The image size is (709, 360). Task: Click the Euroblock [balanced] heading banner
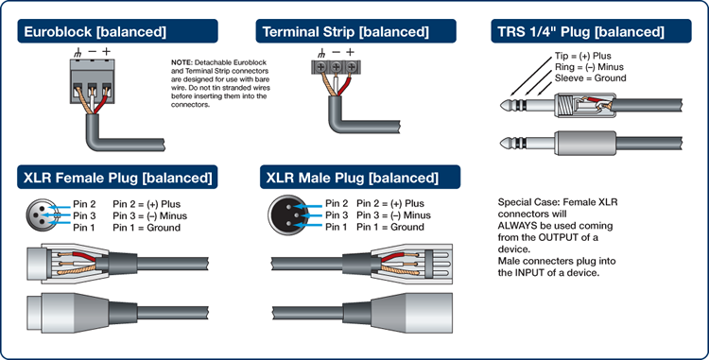click(x=117, y=31)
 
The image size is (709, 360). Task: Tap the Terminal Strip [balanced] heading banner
click(x=355, y=31)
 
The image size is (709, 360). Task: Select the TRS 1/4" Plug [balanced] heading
click(x=591, y=31)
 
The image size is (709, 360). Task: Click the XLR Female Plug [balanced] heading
click(x=117, y=177)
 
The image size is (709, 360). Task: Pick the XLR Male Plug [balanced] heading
click(x=360, y=177)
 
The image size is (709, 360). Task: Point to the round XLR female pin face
click(x=43, y=215)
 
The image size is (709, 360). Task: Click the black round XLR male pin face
click(x=288, y=215)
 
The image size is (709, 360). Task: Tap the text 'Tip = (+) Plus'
click(x=583, y=56)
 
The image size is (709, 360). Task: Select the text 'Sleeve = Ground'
click(x=591, y=77)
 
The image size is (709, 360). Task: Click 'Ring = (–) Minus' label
click(x=589, y=67)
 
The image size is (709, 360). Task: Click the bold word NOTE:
click(x=182, y=62)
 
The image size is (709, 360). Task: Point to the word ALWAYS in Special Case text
click(x=517, y=226)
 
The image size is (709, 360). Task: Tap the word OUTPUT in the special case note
click(x=559, y=237)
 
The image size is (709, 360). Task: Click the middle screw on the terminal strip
click(x=336, y=67)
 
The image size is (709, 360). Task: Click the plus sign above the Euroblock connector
click(x=106, y=51)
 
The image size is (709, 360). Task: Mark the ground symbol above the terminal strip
click(x=321, y=53)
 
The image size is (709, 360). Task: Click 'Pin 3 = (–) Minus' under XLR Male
click(x=393, y=215)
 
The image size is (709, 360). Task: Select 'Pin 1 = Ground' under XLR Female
click(x=147, y=227)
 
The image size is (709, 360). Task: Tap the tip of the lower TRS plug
click(x=501, y=144)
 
